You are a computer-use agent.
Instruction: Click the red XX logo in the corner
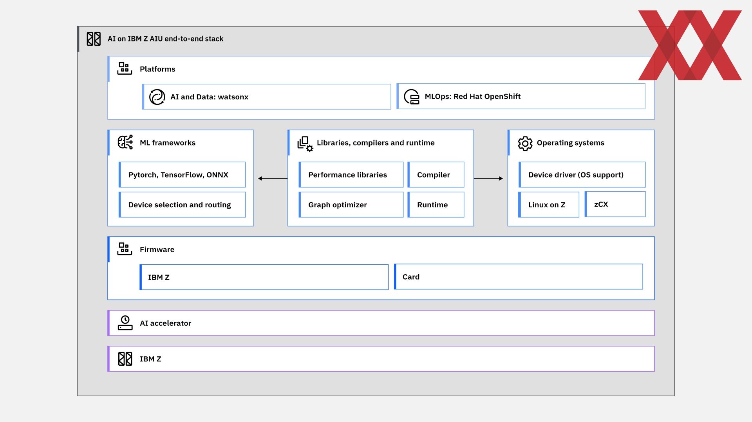pos(690,45)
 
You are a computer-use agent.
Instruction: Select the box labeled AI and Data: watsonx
pos(266,97)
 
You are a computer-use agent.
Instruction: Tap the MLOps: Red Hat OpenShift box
pos(521,96)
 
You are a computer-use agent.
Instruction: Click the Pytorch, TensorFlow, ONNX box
pos(182,174)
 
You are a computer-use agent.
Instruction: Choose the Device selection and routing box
pos(182,205)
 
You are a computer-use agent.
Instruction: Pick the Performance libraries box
pos(351,174)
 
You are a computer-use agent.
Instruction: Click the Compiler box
pos(436,174)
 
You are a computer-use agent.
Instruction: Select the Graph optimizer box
pos(351,205)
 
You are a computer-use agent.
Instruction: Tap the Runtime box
pos(436,205)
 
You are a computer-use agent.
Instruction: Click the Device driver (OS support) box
pos(582,174)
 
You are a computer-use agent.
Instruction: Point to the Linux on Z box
pos(549,205)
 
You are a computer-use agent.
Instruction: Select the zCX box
pos(615,204)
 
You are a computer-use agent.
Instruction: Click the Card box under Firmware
pos(518,277)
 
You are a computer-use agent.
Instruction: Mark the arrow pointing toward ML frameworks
pos(273,178)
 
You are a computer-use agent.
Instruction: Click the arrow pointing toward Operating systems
pos(488,178)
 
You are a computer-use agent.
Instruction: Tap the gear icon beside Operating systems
pos(525,144)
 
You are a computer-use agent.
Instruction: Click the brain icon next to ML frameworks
pos(125,142)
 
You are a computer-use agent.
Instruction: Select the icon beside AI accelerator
pos(125,323)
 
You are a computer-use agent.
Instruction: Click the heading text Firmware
pos(157,250)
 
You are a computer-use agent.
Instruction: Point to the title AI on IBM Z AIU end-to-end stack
pos(165,39)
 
